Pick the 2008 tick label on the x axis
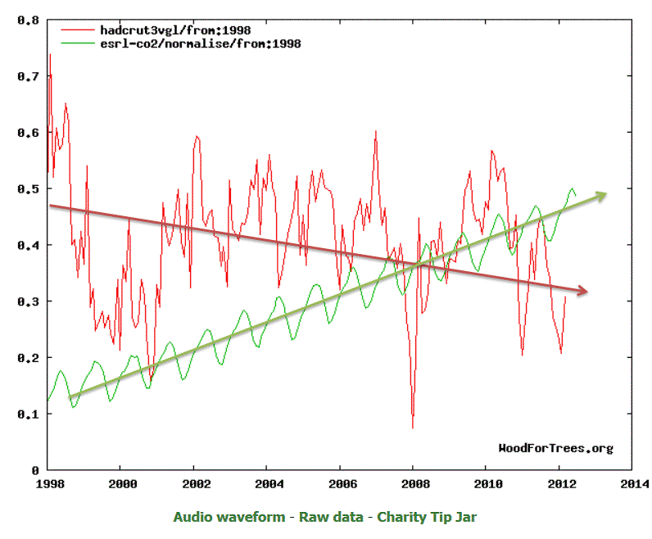(414, 483)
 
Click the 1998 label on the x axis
(48, 483)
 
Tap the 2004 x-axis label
(267, 483)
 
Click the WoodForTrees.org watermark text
(555, 448)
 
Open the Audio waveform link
(229, 517)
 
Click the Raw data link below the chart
(325, 517)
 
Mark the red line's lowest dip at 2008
(413, 427)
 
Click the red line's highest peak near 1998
(50, 55)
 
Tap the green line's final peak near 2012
(571, 189)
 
